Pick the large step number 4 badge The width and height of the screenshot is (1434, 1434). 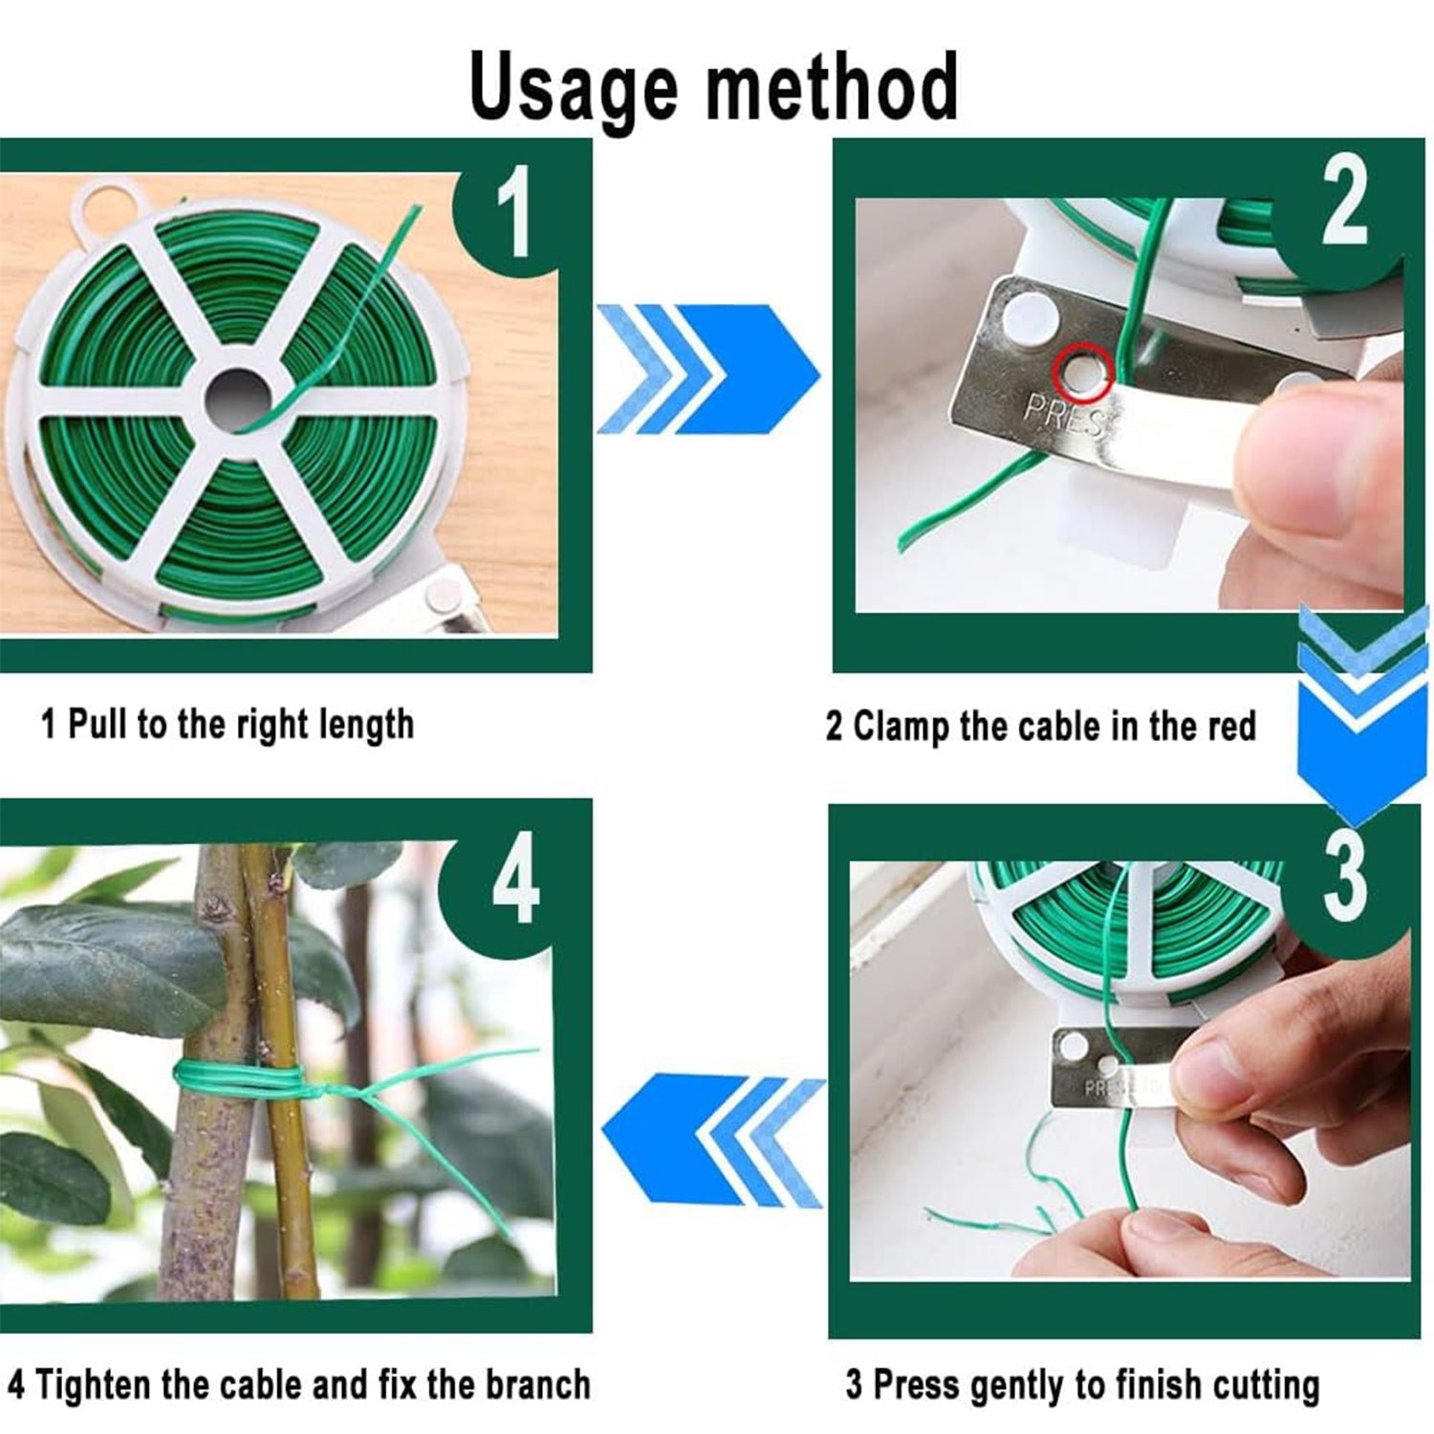(x=514, y=881)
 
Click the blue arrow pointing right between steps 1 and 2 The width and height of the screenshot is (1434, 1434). (x=707, y=369)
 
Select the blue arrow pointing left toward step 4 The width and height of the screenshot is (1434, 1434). (x=712, y=1138)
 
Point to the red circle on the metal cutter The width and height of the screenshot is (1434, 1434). (x=1082, y=371)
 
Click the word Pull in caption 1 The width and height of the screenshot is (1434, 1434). (x=99, y=724)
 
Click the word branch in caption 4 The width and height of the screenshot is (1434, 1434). (x=537, y=1383)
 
